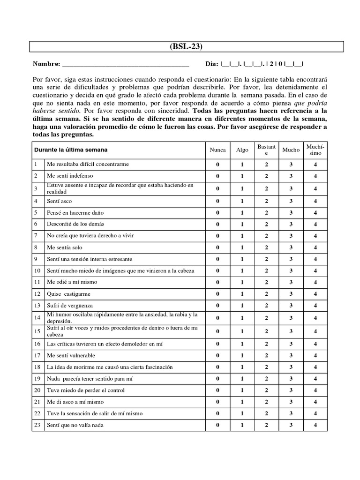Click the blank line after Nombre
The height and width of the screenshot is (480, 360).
[x=125, y=64]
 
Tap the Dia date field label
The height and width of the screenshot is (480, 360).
[x=212, y=64]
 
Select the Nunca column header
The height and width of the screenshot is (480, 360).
[x=217, y=150]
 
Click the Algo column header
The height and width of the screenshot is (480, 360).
[x=242, y=150]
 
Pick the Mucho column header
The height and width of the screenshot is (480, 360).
[x=291, y=150]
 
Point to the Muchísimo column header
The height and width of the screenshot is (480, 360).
[x=315, y=150]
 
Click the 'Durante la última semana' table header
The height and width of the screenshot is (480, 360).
[x=70, y=150]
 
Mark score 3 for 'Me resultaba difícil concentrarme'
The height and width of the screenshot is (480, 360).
[x=291, y=165]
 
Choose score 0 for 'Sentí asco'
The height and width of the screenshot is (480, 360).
[x=217, y=201]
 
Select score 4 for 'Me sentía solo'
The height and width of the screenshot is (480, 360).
[x=315, y=247]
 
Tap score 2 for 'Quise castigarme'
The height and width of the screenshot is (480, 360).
[x=266, y=294]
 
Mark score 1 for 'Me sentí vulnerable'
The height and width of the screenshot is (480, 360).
[x=242, y=355]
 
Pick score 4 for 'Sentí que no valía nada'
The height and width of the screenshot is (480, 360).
[x=315, y=425]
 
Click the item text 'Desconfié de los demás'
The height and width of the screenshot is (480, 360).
[x=75, y=224]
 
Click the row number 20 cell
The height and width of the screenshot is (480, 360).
[x=37, y=390]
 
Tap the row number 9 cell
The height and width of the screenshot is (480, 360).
[x=37, y=259]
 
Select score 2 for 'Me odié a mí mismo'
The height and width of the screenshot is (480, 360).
[x=266, y=282]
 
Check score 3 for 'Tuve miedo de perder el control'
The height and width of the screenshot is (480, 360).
[x=291, y=390]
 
